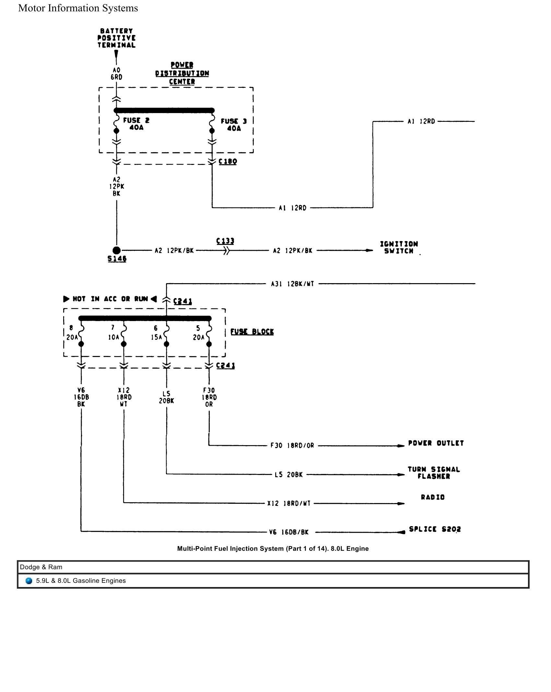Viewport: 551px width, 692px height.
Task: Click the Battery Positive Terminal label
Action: coord(116,38)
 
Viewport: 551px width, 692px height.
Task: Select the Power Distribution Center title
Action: coord(182,73)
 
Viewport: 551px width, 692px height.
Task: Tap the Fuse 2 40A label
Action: coord(136,124)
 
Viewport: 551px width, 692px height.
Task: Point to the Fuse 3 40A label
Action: coord(234,125)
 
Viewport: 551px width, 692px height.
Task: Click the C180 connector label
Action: coord(228,161)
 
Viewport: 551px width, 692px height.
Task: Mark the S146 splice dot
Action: coord(117,250)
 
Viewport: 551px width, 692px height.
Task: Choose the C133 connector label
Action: coord(225,241)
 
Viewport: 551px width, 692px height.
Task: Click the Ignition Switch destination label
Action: coord(399,247)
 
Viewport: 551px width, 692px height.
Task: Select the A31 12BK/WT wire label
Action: coord(292,284)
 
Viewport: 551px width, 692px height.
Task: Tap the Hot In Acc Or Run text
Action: coord(110,299)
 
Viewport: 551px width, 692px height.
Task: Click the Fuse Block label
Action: coord(252,332)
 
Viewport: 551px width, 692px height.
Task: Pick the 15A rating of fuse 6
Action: coord(156,337)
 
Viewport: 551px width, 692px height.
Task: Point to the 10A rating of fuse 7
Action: coord(113,337)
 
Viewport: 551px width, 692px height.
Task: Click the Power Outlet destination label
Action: coord(436,443)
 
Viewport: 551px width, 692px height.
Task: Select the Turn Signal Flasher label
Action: coord(434,473)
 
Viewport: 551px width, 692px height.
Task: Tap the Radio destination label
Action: coord(433,497)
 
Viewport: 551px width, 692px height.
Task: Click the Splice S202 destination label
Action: coord(435,529)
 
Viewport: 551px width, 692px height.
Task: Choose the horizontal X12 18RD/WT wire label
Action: coord(289,503)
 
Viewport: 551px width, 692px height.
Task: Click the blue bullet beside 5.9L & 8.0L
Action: coord(29,581)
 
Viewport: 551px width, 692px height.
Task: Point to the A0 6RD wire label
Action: coord(116,74)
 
